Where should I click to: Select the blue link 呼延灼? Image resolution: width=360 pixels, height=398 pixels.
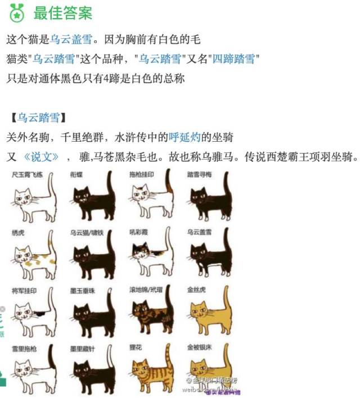click(x=185, y=137)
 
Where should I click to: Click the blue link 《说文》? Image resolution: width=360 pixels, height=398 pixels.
click(x=40, y=156)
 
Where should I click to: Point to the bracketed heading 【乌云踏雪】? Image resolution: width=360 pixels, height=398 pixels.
click(x=37, y=117)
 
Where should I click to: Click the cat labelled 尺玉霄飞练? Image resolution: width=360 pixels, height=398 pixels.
click(x=33, y=200)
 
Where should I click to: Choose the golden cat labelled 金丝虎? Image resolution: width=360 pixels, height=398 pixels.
click(x=210, y=313)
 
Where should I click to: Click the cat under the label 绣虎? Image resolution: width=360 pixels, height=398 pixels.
click(x=33, y=256)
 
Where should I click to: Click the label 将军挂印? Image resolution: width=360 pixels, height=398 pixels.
click(x=24, y=290)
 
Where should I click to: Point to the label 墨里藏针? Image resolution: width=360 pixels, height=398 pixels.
click(x=82, y=349)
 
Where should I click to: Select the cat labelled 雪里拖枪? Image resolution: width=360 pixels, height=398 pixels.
click(x=33, y=371)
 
